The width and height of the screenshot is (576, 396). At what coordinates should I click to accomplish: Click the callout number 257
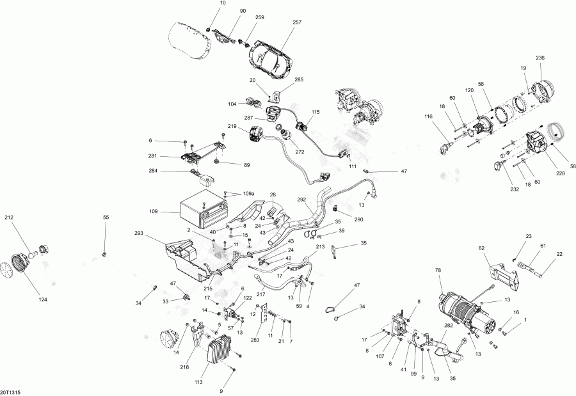(297, 22)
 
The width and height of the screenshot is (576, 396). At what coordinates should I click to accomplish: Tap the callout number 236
(541, 58)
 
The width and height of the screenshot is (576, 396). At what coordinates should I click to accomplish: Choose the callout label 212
(9, 218)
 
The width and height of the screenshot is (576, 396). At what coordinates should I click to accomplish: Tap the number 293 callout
(140, 233)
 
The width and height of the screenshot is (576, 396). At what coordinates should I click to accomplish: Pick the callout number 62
(481, 248)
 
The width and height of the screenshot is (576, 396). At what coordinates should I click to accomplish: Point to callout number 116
(429, 116)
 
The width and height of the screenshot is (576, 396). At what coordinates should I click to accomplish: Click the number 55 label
(106, 218)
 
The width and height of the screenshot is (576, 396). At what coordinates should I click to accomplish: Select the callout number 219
(232, 126)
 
